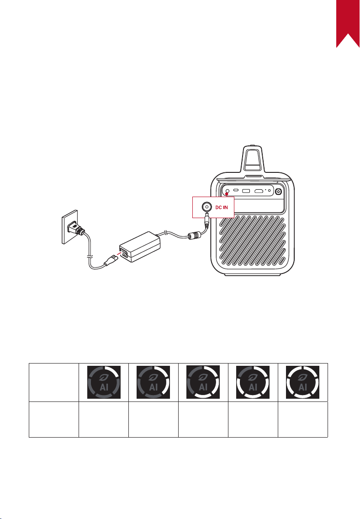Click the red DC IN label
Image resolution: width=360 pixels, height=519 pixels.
pyautogui.click(x=222, y=208)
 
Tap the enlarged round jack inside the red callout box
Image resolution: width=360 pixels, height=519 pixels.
pyautogui.click(x=206, y=207)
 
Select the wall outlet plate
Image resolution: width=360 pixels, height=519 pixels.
pyautogui.click(x=70, y=227)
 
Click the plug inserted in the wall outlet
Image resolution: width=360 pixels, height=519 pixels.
pyautogui.click(x=75, y=228)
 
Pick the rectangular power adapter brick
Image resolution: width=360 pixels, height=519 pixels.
pyautogui.click(x=140, y=246)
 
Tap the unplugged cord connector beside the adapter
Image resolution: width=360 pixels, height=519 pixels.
pyautogui.click(x=111, y=260)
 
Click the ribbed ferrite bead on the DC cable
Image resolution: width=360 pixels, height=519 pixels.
pyautogui.click(x=195, y=235)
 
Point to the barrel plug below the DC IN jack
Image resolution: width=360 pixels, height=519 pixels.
pyautogui.click(x=207, y=220)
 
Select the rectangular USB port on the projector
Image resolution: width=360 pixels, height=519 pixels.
pyautogui.click(x=246, y=191)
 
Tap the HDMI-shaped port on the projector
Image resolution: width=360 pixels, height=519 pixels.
pyautogui.click(x=259, y=191)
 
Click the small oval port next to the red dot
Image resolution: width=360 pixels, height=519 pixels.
pyautogui.click(x=236, y=190)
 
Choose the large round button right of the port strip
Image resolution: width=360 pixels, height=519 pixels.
pyautogui.click(x=279, y=192)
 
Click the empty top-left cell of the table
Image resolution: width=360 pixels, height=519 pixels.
pyautogui.click(x=54, y=382)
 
